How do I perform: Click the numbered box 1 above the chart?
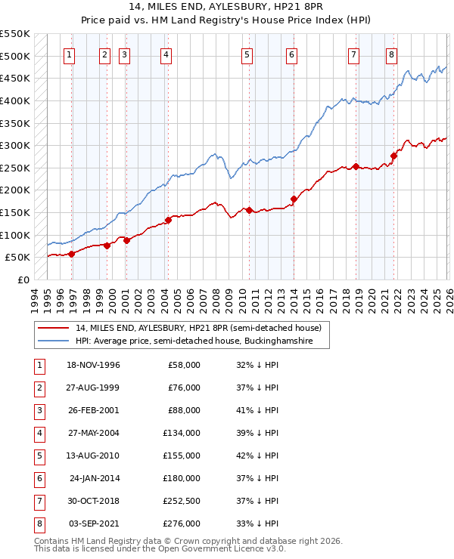click(69, 54)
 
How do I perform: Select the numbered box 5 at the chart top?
click(247, 54)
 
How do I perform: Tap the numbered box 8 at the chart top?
click(390, 54)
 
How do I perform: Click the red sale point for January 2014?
click(293, 199)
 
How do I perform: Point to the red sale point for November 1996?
click(71, 254)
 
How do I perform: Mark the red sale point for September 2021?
click(393, 156)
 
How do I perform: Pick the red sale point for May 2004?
click(168, 220)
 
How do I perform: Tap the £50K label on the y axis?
click(18, 257)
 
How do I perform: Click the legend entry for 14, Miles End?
click(199, 328)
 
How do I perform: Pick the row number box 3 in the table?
click(37, 410)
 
